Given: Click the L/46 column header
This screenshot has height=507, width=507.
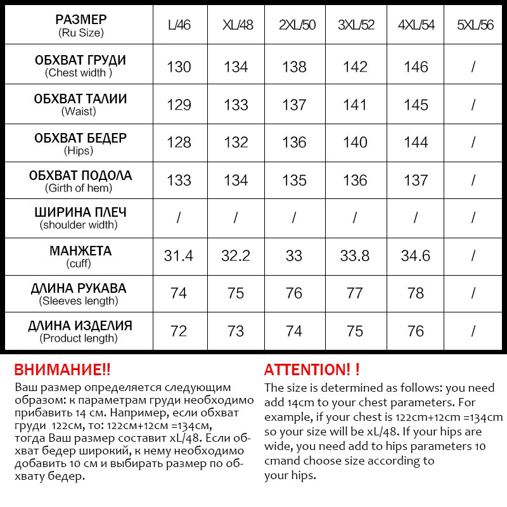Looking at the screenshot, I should point(179,25).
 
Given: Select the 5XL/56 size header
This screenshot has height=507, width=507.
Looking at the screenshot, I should point(475,25).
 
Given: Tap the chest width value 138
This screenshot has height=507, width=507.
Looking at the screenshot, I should point(294,67).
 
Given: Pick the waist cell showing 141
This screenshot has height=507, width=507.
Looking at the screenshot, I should point(355,105).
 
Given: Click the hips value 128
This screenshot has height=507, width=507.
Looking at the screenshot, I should point(179,143).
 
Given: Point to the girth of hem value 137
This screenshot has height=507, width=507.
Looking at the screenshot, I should point(416,180).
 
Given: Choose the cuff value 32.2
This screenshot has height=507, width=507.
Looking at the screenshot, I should point(236,255).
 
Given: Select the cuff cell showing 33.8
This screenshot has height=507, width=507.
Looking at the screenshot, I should point(355,255).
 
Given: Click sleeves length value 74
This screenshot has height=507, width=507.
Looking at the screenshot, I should point(179,293).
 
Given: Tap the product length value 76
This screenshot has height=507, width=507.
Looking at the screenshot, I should point(416,331).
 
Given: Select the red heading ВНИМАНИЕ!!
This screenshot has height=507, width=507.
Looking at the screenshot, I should point(62,370).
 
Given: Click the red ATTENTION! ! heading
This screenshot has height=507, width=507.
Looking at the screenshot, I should point(311,370).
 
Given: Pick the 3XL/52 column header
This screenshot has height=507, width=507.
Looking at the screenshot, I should point(355,25).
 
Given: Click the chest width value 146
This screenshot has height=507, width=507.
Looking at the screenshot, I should point(416,67).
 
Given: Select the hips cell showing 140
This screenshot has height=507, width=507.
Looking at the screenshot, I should point(355,143).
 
